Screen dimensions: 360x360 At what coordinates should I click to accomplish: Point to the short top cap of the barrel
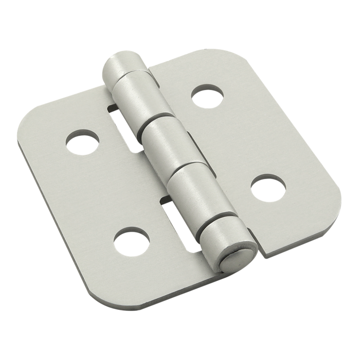(x=123, y=66)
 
